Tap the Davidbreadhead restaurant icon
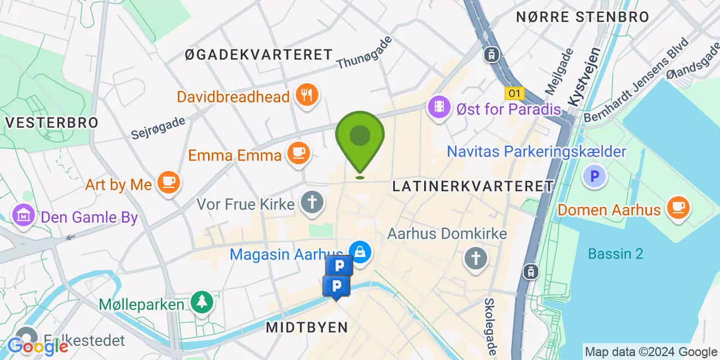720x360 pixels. [307, 94]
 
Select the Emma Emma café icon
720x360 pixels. [298, 152]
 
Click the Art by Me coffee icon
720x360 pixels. [168, 182]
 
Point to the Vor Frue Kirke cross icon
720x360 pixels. [312, 201]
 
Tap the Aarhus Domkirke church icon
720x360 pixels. [475, 258]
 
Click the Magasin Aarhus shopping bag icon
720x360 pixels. [359, 251]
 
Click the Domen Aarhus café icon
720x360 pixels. [677, 207]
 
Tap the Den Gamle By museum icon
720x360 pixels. [24, 215]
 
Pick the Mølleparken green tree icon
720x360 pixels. [201, 301]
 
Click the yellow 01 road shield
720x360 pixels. [514, 93]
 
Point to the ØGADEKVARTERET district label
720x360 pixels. [259, 55]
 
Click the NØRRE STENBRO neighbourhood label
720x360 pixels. [583, 17]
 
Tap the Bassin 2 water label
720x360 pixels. [615, 254]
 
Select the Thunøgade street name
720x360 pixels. [364, 53]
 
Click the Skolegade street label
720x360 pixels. [490, 326]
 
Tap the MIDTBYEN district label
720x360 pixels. [307, 327]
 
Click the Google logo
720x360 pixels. [37, 346]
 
